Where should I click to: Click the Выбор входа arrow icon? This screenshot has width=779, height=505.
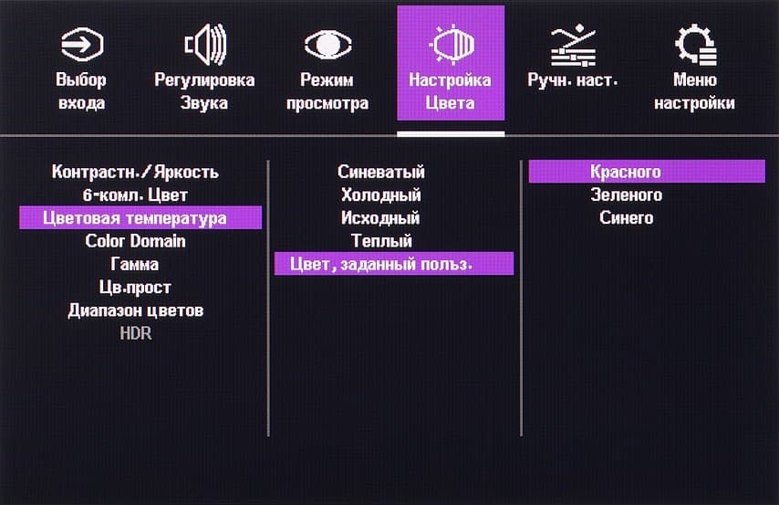point(82,44)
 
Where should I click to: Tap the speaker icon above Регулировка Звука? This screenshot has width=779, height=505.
point(205,44)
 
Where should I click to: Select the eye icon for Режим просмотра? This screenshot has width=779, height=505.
point(327,45)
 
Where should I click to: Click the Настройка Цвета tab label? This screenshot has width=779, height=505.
point(450,91)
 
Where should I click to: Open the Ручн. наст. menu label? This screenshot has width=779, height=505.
point(572,79)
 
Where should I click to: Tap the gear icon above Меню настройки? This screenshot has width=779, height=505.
point(695,45)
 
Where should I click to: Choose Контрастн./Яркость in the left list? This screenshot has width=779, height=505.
point(135,172)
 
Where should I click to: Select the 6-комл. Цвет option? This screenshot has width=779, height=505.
point(135,195)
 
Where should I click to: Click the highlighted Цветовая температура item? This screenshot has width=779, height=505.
point(135,218)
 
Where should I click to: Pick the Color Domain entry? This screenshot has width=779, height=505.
point(135,241)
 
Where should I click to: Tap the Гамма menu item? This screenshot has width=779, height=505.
point(135,264)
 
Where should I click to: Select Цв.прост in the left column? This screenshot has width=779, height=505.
point(135,287)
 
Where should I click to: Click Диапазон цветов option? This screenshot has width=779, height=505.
point(136,310)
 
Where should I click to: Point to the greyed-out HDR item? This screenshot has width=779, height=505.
point(136,333)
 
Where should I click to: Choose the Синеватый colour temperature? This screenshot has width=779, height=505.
point(381,172)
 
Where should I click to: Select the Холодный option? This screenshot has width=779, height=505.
point(381,195)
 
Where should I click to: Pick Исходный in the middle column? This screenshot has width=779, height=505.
point(380,218)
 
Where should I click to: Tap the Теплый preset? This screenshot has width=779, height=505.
point(381,241)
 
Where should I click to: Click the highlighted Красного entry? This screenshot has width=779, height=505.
point(626,172)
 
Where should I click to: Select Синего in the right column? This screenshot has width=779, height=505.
point(626,218)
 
